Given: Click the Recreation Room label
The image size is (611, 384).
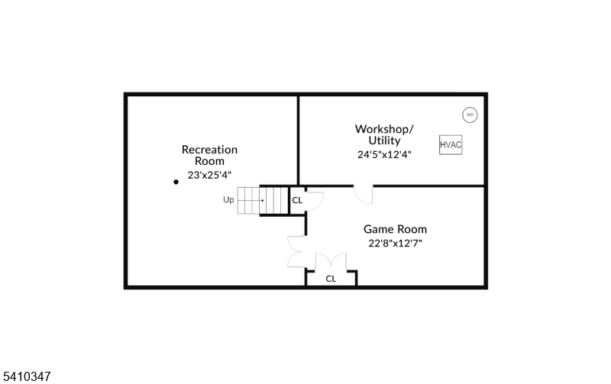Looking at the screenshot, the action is tap(209, 155).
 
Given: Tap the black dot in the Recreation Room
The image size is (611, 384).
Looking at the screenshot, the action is tap(176, 182).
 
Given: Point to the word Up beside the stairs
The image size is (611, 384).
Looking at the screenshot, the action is tap(228, 200).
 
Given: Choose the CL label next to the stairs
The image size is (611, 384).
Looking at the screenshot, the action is tap(297, 200).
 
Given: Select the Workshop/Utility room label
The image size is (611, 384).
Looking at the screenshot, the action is tap(384, 134).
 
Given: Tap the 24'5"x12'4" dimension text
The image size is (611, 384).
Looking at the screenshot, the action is tap(384, 154).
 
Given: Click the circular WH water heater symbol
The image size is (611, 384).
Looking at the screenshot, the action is tap(470, 115).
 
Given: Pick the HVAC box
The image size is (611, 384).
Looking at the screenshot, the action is tap(451, 144).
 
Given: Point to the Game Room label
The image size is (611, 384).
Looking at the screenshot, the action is tap(395, 229).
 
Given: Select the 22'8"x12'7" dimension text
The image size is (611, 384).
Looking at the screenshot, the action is tap(395, 244).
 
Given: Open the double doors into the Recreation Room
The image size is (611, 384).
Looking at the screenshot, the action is tap(297, 252).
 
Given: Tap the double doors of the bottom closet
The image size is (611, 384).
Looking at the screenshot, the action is tap(331, 261).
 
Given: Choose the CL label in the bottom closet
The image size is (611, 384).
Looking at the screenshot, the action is tap(331, 279).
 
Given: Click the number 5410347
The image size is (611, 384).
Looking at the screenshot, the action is tap(27, 376).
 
